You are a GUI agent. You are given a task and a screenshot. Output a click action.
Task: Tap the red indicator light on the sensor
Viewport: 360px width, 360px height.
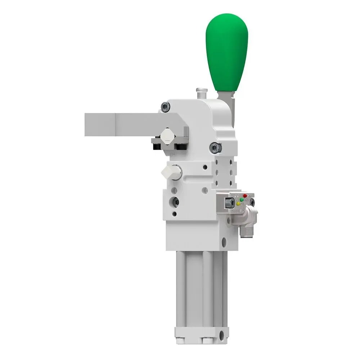point(245,196)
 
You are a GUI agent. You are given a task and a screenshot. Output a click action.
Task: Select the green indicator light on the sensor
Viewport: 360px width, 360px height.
point(242,199)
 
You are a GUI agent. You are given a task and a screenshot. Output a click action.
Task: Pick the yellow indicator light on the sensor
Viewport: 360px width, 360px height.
point(238,203)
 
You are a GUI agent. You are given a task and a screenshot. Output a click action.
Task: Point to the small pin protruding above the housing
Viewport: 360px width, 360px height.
point(201,93)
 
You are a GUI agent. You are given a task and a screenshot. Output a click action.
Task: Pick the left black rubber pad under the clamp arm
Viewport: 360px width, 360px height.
point(157,147)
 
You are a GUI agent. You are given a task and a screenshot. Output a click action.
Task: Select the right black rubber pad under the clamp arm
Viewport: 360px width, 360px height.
point(180,147)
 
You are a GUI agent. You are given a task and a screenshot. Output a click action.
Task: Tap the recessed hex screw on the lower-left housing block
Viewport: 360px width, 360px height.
point(176,202)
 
